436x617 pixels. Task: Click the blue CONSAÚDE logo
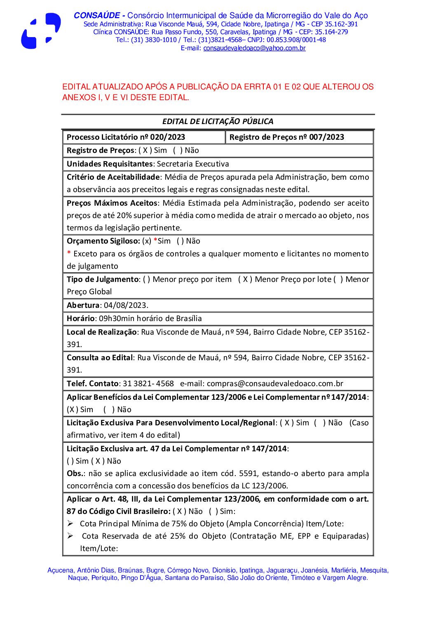pos(41,31)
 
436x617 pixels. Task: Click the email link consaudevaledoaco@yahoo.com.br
pos(254,48)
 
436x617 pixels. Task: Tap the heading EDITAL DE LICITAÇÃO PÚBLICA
pos(218,122)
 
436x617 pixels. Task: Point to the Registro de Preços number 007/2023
pos(326,137)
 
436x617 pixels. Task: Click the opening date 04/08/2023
pos(125,305)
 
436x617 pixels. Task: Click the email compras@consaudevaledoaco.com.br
pos(275,384)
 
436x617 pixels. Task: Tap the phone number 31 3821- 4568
pos(148,384)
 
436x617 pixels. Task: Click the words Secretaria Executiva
pos(193,164)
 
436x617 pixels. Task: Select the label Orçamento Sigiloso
pos(103,241)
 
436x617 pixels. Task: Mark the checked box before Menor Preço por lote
pos(245,279)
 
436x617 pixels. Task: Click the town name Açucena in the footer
pos(60,570)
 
